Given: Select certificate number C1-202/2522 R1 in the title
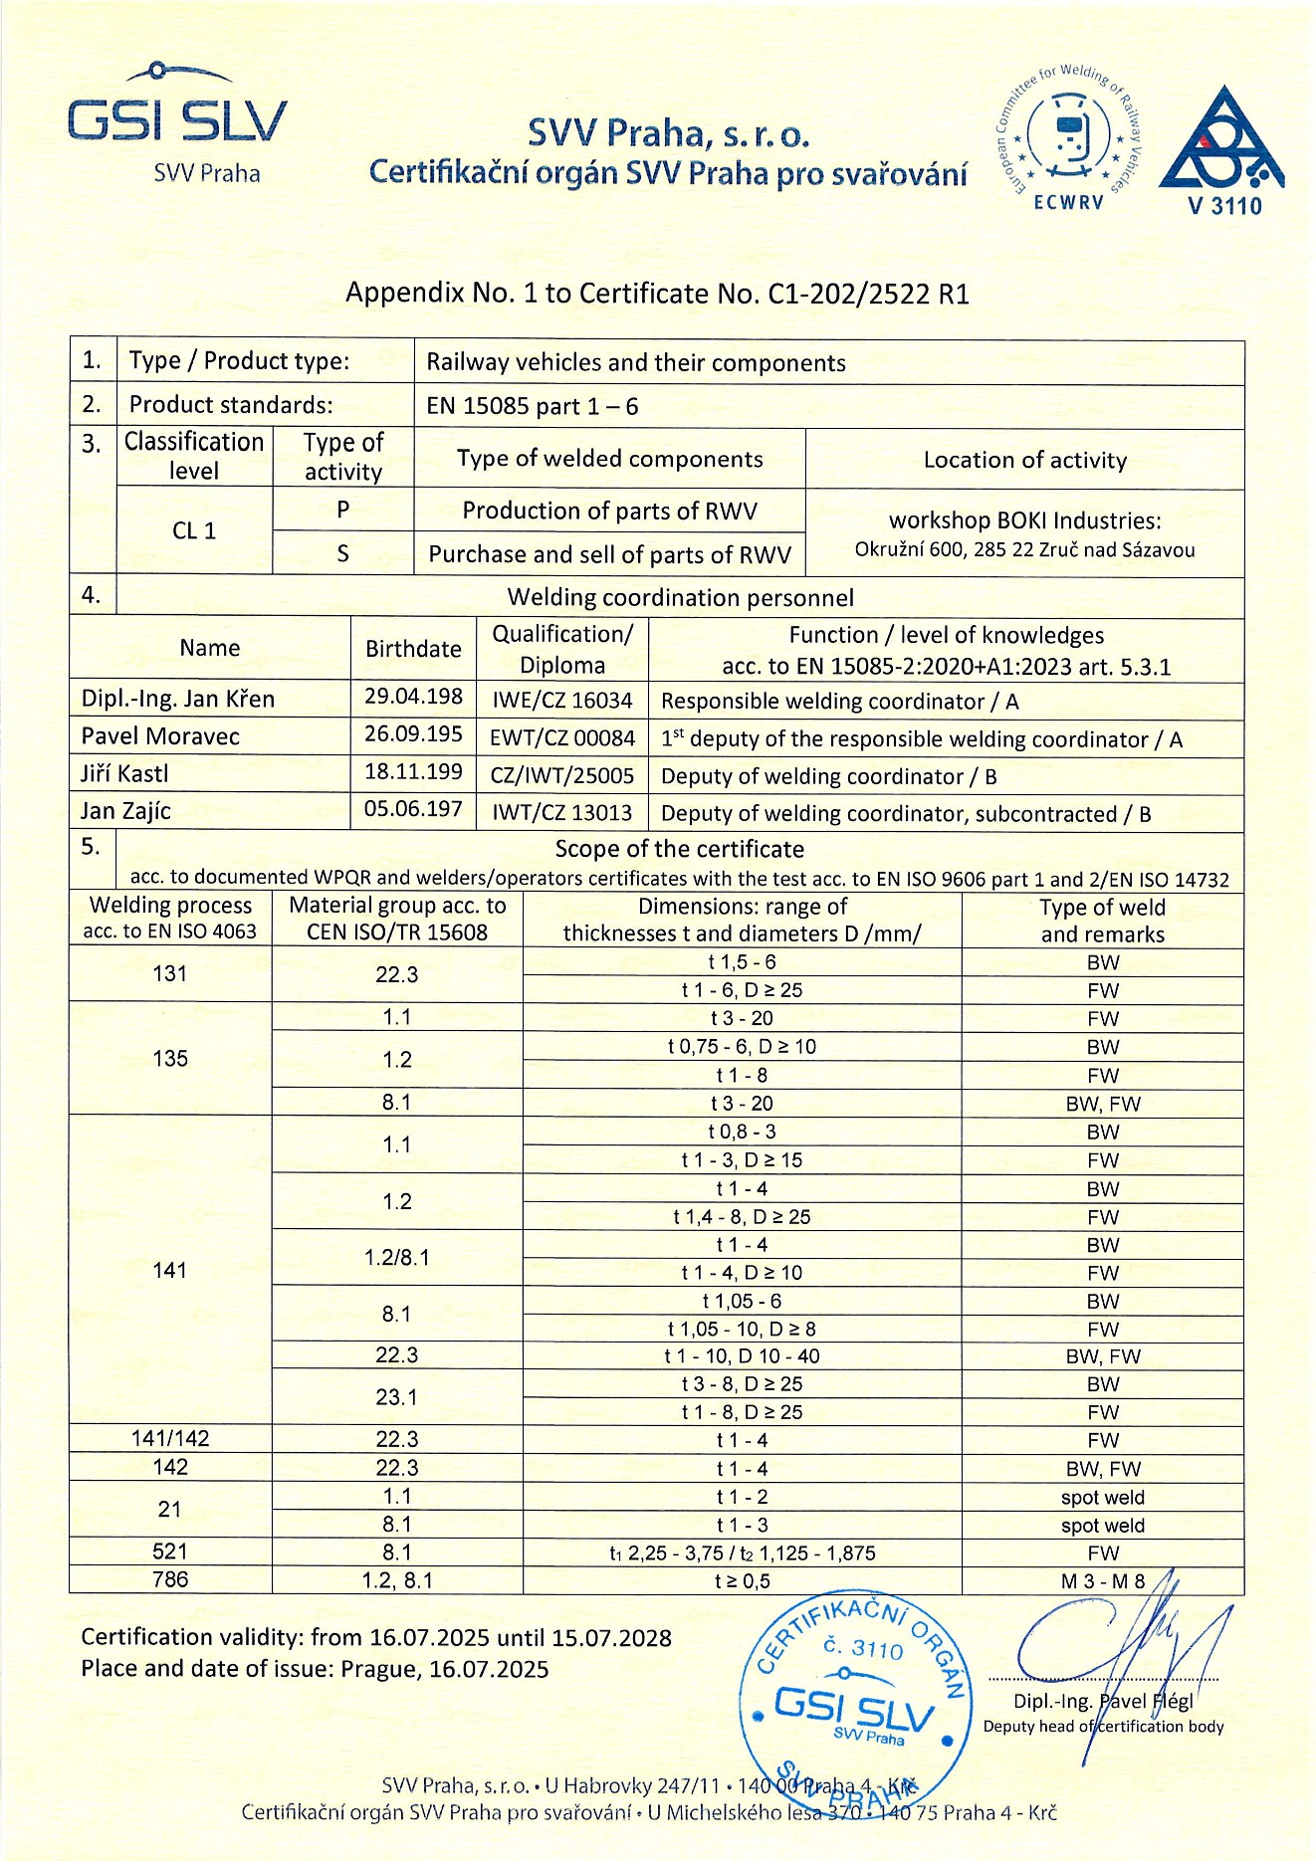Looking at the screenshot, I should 868,294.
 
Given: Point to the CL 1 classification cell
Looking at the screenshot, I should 194,530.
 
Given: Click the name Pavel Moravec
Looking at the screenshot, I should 146,736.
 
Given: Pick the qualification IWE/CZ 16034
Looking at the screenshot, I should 562,701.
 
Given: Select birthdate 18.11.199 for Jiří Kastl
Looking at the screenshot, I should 413,772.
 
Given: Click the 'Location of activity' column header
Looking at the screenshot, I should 1024,460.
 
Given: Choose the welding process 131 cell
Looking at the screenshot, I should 170,974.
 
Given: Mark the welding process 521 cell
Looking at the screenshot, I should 170,1551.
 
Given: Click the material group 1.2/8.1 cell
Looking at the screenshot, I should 396,1258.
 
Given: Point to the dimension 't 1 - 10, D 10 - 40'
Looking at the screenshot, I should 742,1356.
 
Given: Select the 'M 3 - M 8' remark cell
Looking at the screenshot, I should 1102,1580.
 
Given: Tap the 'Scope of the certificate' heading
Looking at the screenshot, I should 679,849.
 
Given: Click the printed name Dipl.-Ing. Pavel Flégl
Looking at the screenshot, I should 1102,1701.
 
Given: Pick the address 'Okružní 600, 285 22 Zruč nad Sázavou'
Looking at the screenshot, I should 1024,550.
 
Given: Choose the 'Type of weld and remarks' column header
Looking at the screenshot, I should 1102,921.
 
